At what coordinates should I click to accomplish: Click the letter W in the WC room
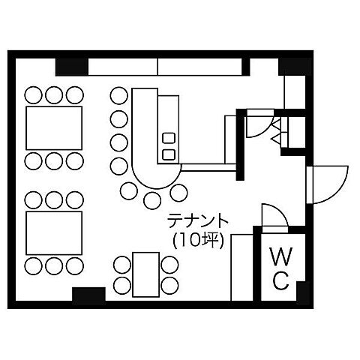[x=280, y=256]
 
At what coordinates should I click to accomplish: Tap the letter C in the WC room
[x=281, y=280]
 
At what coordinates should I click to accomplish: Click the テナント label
[x=198, y=220]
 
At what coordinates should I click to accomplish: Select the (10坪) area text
[x=198, y=241]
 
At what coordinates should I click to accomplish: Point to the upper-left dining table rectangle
[x=54, y=128]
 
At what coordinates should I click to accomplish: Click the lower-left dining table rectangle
[x=54, y=233]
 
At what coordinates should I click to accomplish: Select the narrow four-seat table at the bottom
[x=146, y=274]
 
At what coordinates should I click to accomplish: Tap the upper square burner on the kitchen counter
[x=169, y=138]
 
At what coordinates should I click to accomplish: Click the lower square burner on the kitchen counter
[x=169, y=154]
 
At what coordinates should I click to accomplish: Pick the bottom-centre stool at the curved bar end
[x=152, y=200]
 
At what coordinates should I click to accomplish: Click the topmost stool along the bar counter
[x=119, y=95]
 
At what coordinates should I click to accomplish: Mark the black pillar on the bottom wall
[x=88, y=294]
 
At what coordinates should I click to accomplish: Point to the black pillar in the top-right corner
[x=295, y=67]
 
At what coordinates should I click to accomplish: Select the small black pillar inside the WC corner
[x=303, y=291]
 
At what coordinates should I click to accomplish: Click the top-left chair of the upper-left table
[x=33, y=95]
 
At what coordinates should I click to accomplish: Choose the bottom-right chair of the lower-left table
[x=75, y=265]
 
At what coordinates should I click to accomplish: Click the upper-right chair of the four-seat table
[x=169, y=265]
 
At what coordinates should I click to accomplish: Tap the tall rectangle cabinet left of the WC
[x=241, y=268]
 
